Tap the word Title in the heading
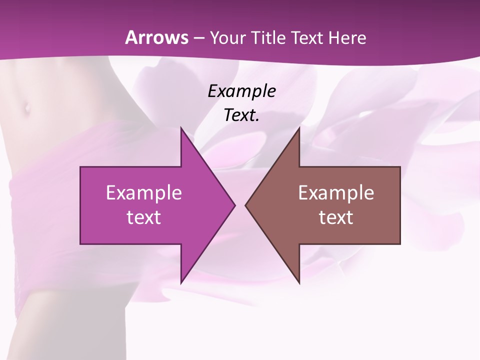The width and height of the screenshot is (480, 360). click(x=268, y=37)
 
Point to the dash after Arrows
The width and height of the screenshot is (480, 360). click(x=198, y=38)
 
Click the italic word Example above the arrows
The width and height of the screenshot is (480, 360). click(x=242, y=91)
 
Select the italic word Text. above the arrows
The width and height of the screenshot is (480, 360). click(x=242, y=115)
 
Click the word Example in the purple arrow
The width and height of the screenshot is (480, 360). click(x=144, y=192)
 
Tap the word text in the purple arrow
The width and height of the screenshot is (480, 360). click(x=144, y=217)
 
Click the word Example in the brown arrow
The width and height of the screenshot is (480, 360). click(x=336, y=192)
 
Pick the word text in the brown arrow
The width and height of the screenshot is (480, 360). click(x=336, y=217)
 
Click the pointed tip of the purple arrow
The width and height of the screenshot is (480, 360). click(x=235, y=205)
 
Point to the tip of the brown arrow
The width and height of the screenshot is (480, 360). click(x=245, y=205)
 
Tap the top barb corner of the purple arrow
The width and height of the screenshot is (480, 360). click(x=181, y=128)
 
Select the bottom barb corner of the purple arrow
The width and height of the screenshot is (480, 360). click(x=181, y=283)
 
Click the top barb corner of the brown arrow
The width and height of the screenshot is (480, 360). click(x=299, y=128)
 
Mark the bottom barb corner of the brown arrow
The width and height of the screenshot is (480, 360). click(x=299, y=283)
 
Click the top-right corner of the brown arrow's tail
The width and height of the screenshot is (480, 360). click(x=400, y=167)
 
